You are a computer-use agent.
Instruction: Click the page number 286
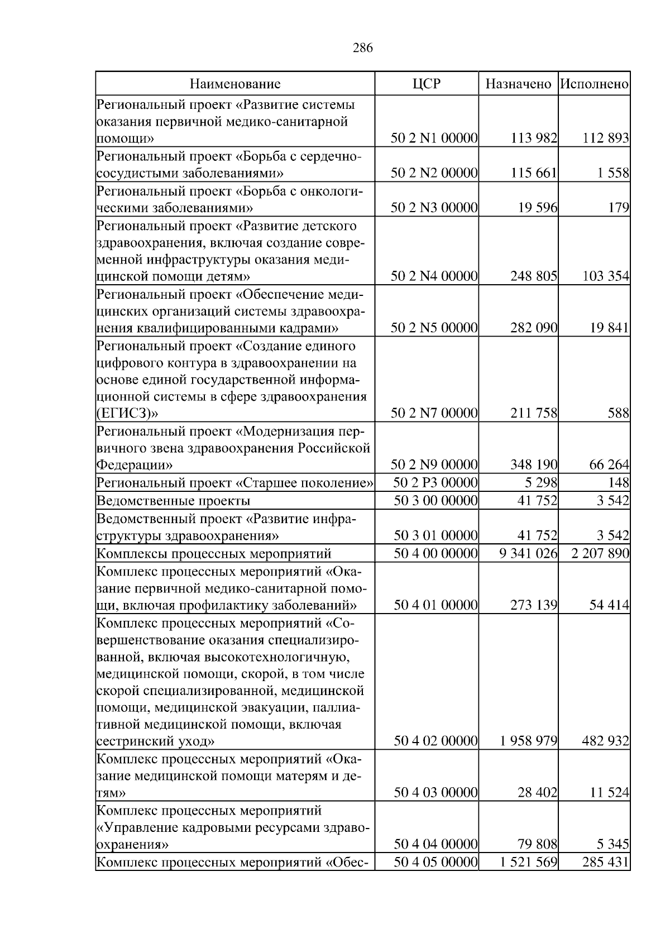pos(363,48)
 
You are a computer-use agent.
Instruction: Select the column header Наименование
pos(235,84)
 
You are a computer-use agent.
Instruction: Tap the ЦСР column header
pos(426,84)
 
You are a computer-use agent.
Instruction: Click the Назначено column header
pos(518,84)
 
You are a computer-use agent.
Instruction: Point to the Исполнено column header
pos(594,84)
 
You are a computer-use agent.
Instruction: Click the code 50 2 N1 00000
pos(434,138)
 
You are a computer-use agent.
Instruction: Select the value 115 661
pos(534,173)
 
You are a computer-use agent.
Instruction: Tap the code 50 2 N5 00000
pos(434,328)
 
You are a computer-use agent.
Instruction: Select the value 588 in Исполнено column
pos(619,414)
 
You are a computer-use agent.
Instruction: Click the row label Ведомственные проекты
pos(173,500)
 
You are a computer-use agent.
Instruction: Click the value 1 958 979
pos(528,741)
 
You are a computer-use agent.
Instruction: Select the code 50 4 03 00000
pos(435,793)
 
